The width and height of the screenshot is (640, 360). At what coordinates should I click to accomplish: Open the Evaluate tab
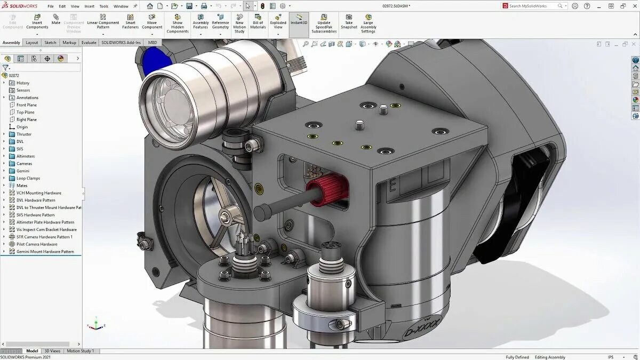pos(89,43)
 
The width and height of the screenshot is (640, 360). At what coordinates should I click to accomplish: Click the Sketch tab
pos(50,43)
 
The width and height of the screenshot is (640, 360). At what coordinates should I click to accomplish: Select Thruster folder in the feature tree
pos(24,134)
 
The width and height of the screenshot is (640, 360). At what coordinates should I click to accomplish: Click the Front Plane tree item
pos(27,105)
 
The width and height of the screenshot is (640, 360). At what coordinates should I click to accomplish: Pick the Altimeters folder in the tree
pos(26,156)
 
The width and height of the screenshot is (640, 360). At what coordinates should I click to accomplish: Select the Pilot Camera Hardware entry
pos(37,244)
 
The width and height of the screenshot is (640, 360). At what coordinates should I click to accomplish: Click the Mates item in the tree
pos(22,186)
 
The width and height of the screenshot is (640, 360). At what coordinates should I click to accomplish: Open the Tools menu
pos(103,6)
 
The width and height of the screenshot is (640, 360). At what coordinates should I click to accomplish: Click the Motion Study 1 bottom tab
pos(80,351)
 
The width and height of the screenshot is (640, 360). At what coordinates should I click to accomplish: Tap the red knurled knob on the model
pos(327,189)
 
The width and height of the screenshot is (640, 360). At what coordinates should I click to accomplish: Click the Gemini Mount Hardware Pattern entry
pos(45,252)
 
